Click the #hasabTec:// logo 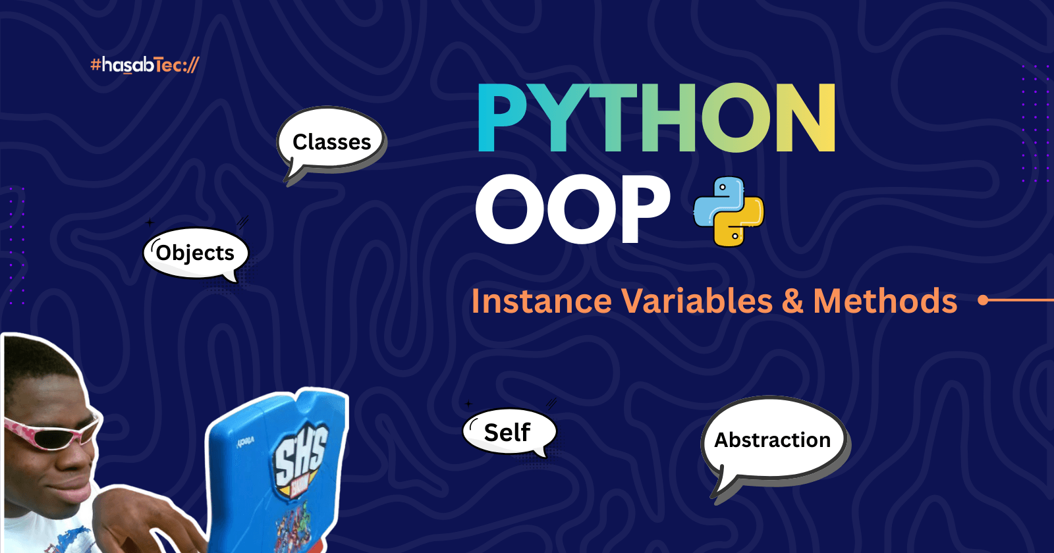pos(144,65)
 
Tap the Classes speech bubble pos(332,142)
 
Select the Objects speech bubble pos(196,253)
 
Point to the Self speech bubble pos(508,433)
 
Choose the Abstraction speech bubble pos(773,440)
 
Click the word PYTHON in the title pos(656,119)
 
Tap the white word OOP pos(572,209)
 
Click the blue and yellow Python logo pos(729,212)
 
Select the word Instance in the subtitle pos(541,302)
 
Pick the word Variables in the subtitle pos(697,302)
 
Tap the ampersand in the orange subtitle pos(792,302)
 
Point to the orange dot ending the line pos(984,300)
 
